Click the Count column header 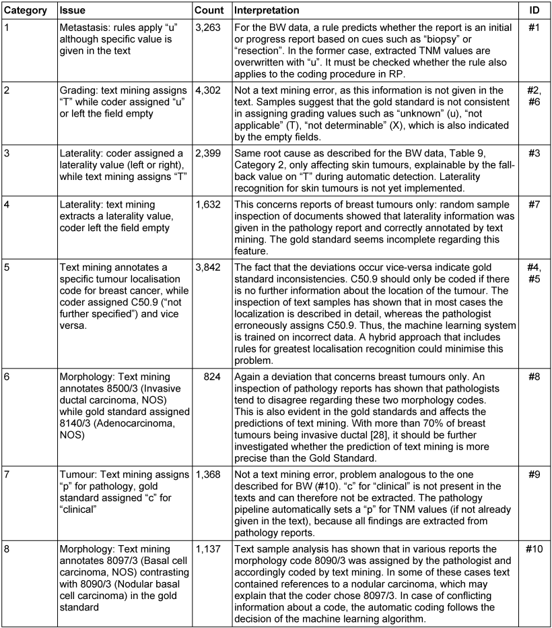tap(208, 11)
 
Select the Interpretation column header tap(267, 11)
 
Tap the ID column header tap(534, 11)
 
